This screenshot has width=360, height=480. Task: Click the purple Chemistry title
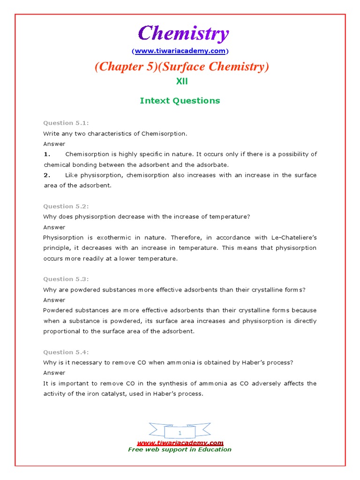coord(183,34)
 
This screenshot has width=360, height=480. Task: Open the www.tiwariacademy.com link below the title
coord(180,51)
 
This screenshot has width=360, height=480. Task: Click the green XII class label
coord(182,81)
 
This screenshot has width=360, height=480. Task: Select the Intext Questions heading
coord(180,100)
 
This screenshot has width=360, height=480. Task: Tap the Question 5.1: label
coord(66,123)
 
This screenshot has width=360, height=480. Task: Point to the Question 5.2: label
coord(66,206)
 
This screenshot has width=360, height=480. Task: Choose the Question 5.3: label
coord(66,279)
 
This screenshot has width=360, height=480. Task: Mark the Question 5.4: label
coord(66,352)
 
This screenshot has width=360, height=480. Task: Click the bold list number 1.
coord(46,154)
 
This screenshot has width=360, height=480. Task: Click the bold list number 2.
coord(46,175)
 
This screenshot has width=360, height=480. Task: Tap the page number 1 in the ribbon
coord(180,433)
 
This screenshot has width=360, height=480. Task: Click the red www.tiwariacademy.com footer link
coord(180,443)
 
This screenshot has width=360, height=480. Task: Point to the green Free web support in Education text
coord(180,450)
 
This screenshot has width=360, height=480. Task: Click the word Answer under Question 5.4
coord(54,373)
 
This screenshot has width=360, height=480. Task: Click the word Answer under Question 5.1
coord(54,144)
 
